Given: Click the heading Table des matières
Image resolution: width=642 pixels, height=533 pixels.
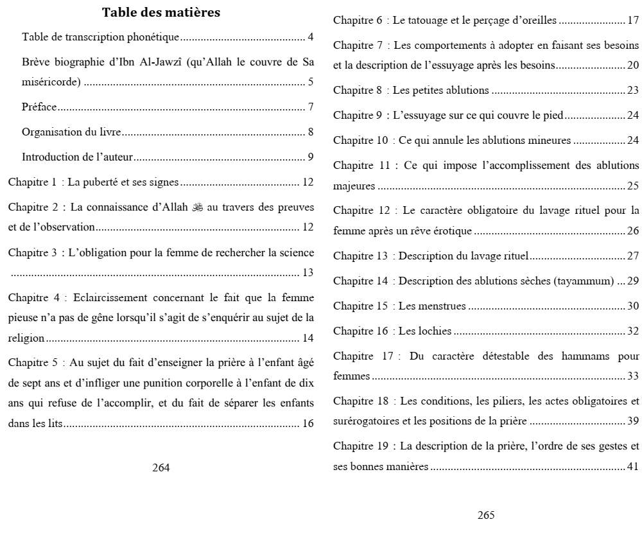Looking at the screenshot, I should (161, 12).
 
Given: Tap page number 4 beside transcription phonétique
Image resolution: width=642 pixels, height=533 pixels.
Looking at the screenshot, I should (310, 37).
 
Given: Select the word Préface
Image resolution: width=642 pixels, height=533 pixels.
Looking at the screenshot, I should (39, 107).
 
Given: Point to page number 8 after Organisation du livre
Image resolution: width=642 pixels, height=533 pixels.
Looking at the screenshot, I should (310, 132).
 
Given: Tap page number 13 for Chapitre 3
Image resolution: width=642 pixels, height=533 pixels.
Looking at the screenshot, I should (308, 272).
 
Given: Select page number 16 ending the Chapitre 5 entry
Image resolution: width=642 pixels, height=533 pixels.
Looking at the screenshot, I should (308, 423).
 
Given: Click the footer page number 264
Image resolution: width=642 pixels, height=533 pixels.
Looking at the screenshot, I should (160, 467).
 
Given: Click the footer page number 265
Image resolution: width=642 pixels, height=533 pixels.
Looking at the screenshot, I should (486, 515).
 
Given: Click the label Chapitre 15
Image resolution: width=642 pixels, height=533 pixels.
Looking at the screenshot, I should (361, 306).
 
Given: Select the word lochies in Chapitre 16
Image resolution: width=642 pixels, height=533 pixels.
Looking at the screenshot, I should (435, 331).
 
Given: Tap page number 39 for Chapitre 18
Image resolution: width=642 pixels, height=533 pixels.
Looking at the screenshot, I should (633, 421).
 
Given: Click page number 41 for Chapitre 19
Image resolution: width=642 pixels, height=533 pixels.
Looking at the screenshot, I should (633, 466).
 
